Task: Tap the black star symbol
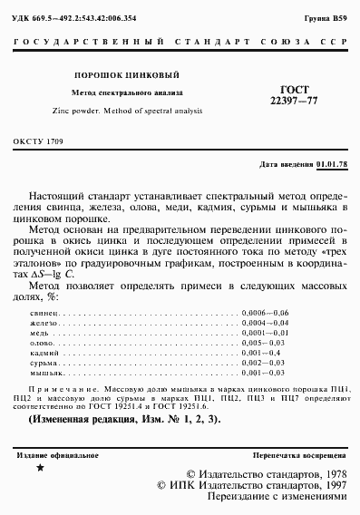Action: point(39,468)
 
